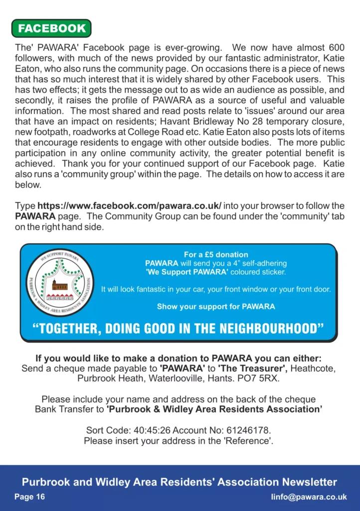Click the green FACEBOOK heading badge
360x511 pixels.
point(51,28)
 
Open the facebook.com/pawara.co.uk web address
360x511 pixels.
point(130,206)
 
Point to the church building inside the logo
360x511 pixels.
point(59,285)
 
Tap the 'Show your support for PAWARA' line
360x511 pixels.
point(216,306)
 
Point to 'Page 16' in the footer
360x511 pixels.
point(29,497)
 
